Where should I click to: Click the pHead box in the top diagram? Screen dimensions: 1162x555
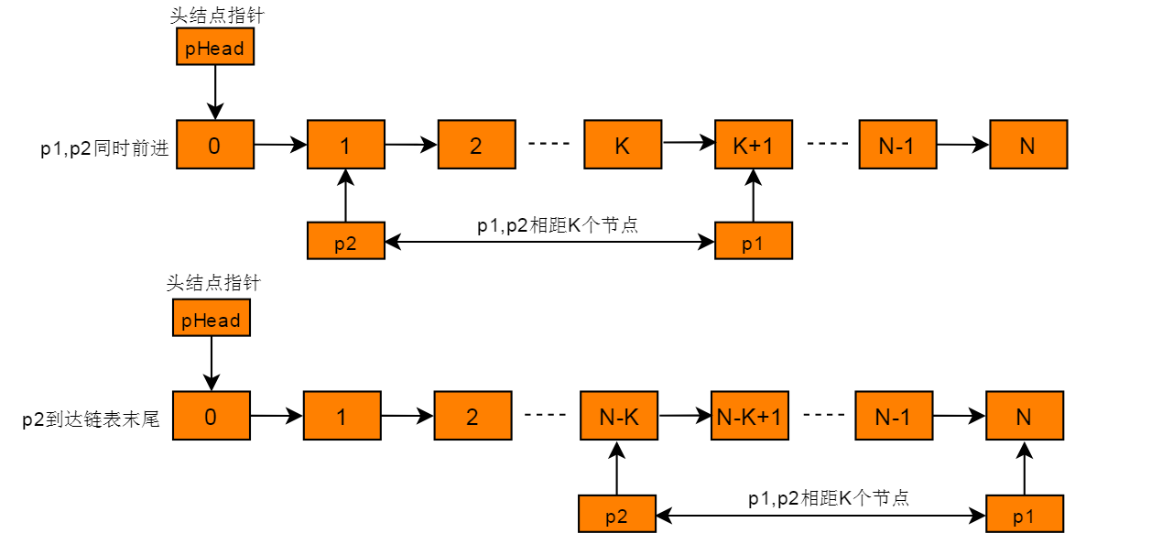pyautogui.click(x=215, y=47)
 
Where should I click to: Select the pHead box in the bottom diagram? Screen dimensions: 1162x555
pyautogui.click(x=212, y=318)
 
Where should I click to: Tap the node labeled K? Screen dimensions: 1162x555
pyautogui.click(x=623, y=145)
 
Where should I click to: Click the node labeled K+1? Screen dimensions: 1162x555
pyautogui.click(x=754, y=145)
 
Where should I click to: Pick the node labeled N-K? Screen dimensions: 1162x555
pyautogui.click(x=619, y=416)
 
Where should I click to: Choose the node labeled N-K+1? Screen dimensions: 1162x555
pyautogui.click(x=750, y=416)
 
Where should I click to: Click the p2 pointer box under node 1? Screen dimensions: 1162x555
pyautogui.click(x=346, y=241)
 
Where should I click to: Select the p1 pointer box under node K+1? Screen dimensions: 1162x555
pyautogui.click(x=754, y=241)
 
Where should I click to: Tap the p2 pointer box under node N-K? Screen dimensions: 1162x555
pyautogui.click(x=617, y=514)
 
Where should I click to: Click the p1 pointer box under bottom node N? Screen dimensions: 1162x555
pyautogui.click(x=1025, y=514)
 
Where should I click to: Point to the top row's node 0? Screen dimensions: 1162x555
pyautogui.click(x=215, y=145)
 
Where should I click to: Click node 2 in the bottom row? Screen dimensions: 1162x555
pyautogui.click(x=473, y=416)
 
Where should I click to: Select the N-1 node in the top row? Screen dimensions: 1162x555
pyautogui.click(x=898, y=145)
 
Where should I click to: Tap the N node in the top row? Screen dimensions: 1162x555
pyautogui.click(x=1028, y=145)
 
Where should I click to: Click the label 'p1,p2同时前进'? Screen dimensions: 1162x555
pyautogui.click(x=104, y=149)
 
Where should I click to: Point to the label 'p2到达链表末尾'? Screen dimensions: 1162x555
pyautogui.click(x=91, y=419)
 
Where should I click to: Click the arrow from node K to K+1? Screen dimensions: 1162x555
pyautogui.click(x=689, y=142)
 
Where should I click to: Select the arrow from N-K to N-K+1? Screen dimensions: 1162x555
pyautogui.click(x=685, y=416)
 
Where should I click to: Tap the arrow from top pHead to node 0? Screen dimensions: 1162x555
pyautogui.click(x=215, y=92)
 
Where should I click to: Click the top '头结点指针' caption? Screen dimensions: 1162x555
pyautogui.click(x=217, y=16)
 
